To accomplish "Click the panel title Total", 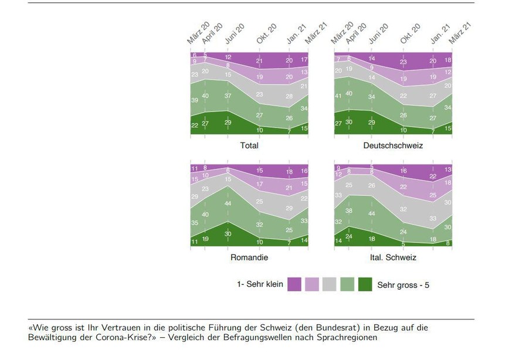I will click(x=249, y=145).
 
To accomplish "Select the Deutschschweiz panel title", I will click(x=392, y=145).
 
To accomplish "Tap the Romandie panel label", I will click(x=249, y=257).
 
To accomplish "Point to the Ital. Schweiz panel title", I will click(x=392, y=257).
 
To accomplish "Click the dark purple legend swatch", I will click(x=294, y=285).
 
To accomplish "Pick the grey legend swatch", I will click(x=330, y=285).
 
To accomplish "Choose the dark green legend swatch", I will click(x=365, y=285).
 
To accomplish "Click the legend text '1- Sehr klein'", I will click(x=260, y=285).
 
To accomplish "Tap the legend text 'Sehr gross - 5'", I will click(x=404, y=285).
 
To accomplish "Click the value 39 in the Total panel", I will click(x=195, y=101).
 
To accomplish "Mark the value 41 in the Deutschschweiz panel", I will click(x=338, y=96).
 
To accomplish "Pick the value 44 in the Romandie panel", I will click(x=228, y=203).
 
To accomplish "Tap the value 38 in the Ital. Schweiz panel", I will click(x=350, y=210).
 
